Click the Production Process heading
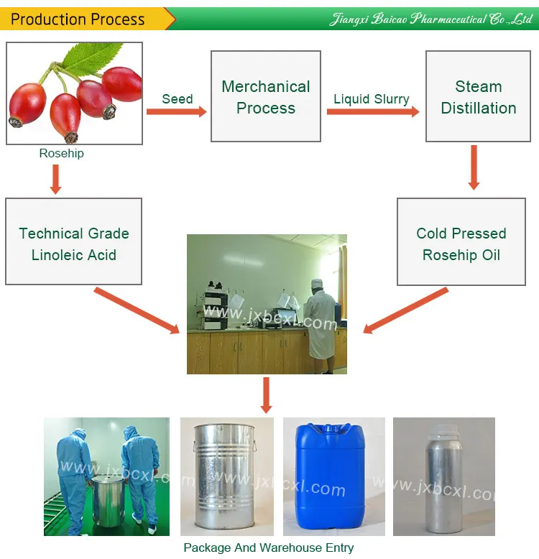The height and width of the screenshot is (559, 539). point(78,19)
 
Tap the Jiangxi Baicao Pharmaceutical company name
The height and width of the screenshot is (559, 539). point(430,19)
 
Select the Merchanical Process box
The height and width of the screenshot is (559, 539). point(266,97)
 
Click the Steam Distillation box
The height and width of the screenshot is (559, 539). point(478,97)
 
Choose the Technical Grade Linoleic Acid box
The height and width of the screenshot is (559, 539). point(73,244)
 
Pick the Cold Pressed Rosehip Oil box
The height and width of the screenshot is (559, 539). point(461,244)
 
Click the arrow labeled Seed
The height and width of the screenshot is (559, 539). point(176,111)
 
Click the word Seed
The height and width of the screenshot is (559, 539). point(177,98)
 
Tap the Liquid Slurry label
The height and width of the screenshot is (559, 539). point(371,99)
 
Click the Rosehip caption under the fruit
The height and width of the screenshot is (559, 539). point(61,153)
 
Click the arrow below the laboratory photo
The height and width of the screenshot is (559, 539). point(267,394)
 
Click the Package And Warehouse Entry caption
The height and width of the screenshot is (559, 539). point(268,548)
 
